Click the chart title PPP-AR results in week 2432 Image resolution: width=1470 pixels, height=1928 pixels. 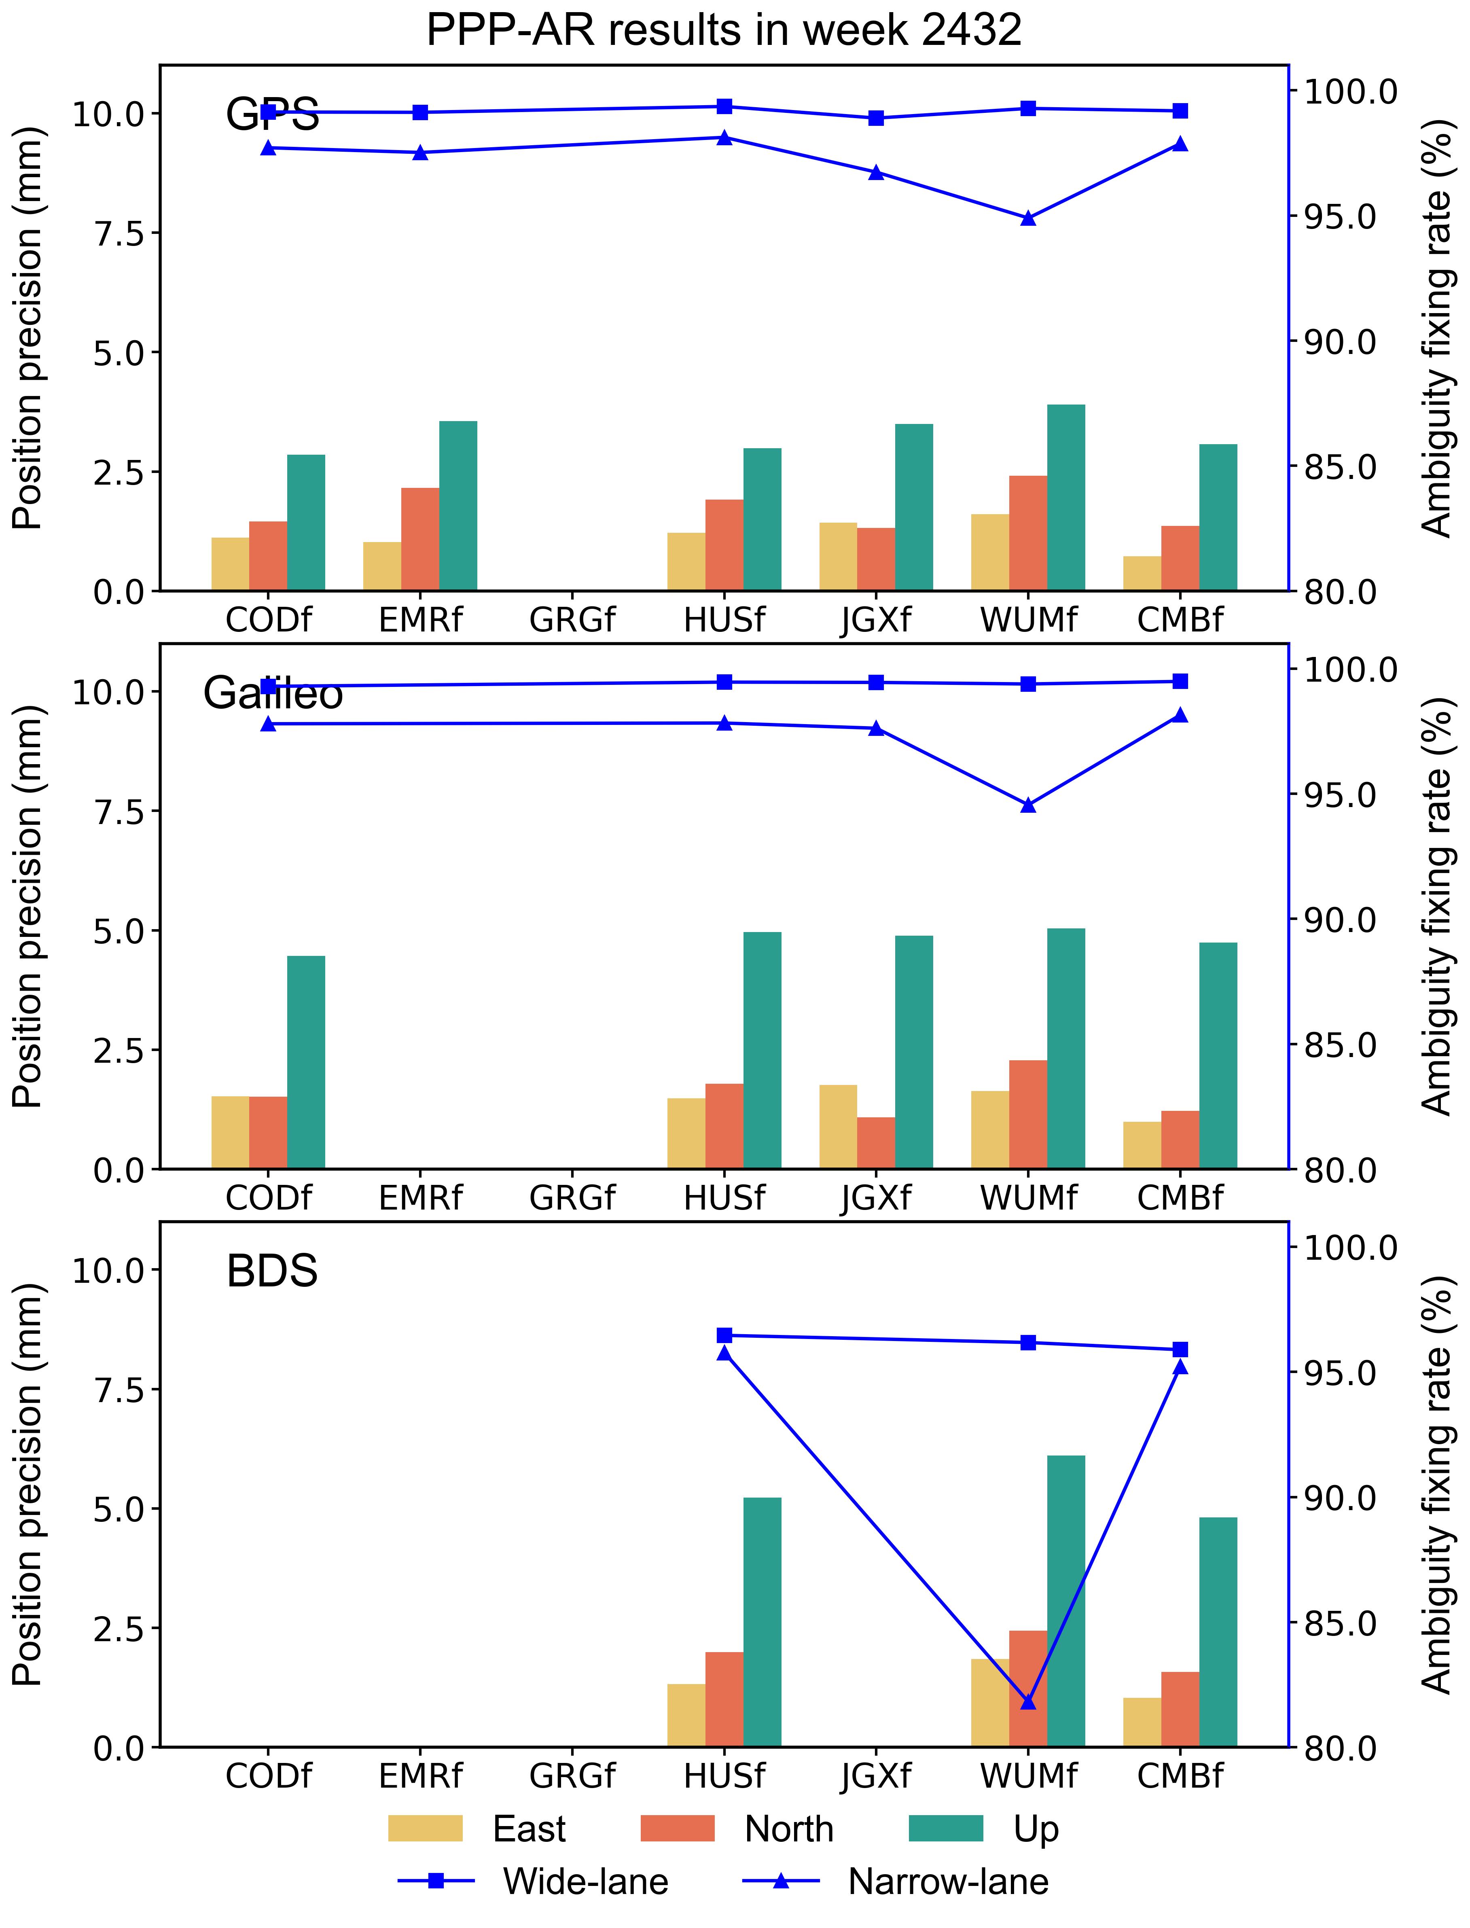pos(724,31)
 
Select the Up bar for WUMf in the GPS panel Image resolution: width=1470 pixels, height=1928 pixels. pos(1066,497)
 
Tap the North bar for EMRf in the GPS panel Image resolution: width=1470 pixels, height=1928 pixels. pos(420,539)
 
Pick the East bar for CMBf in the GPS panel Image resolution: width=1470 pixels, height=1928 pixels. pos(1142,573)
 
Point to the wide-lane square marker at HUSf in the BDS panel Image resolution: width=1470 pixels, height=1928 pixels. pos(724,1335)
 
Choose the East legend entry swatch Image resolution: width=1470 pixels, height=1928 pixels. pos(425,1828)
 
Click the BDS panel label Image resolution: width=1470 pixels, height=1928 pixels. pos(272,1271)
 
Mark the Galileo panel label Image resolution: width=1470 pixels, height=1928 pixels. pos(273,693)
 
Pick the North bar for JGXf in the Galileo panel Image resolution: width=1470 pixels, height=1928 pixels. pos(876,1143)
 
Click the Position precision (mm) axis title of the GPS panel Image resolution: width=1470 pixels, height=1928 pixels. pos(28,328)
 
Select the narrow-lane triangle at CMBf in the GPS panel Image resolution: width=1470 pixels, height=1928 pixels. pos(1180,144)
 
